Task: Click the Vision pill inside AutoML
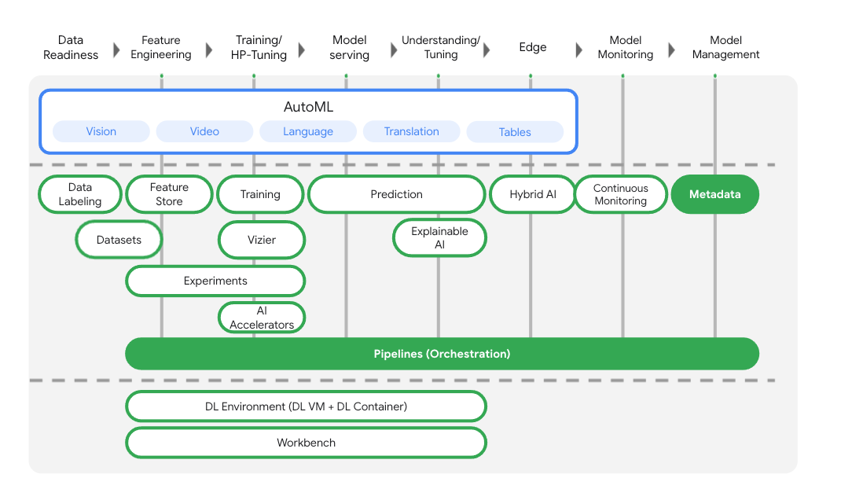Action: pyautogui.click(x=101, y=131)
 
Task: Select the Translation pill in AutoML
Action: pyautogui.click(x=411, y=131)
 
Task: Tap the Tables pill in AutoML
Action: pyautogui.click(x=515, y=132)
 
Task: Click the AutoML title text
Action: pyautogui.click(x=308, y=107)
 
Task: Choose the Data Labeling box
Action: pyautogui.click(x=80, y=194)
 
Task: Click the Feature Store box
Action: pyautogui.click(x=169, y=194)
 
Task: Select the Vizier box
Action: pyautogui.click(x=261, y=240)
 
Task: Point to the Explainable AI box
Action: pyautogui.click(x=439, y=237)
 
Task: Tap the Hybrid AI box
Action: pyautogui.click(x=532, y=194)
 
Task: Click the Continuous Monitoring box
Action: pyautogui.click(x=620, y=194)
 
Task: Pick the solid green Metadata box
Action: pyautogui.click(x=714, y=194)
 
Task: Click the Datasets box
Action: pyautogui.click(x=119, y=240)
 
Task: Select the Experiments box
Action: pyautogui.click(x=215, y=281)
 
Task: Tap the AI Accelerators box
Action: pyautogui.click(x=262, y=318)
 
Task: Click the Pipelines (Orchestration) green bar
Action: pyautogui.click(x=442, y=354)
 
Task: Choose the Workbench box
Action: pyautogui.click(x=306, y=443)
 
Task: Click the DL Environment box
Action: pyautogui.click(x=306, y=406)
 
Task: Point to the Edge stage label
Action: pyautogui.click(x=532, y=47)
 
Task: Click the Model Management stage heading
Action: pyautogui.click(x=725, y=47)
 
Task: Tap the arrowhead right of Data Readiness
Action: pyautogui.click(x=116, y=50)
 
